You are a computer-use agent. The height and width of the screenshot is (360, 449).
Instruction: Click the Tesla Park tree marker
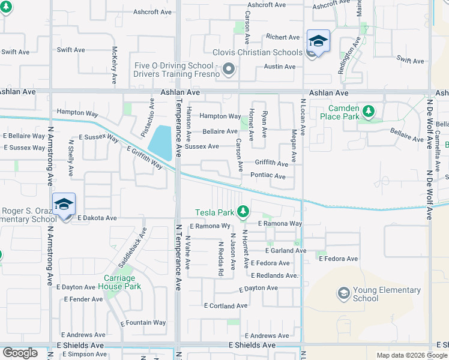[x=243, y=211]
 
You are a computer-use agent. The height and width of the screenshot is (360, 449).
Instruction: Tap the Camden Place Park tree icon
[x=368, y=111]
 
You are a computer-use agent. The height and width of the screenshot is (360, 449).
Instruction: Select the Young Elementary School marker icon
[x=343, y=293]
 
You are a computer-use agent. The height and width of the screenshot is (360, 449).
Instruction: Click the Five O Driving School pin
[x=228, y=70]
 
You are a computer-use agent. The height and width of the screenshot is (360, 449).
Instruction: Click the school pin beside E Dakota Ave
[x=64, y=205]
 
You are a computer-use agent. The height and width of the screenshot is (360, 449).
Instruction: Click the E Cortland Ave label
[x=225, y=305]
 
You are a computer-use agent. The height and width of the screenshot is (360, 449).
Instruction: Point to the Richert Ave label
[x=283, y=37]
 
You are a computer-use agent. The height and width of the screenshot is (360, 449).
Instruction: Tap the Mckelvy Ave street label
[x=114, y=65]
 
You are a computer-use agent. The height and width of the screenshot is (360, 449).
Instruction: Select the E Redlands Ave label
[x=274, y=275]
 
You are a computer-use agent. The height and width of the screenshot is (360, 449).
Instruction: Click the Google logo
[x=20, y=353]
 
